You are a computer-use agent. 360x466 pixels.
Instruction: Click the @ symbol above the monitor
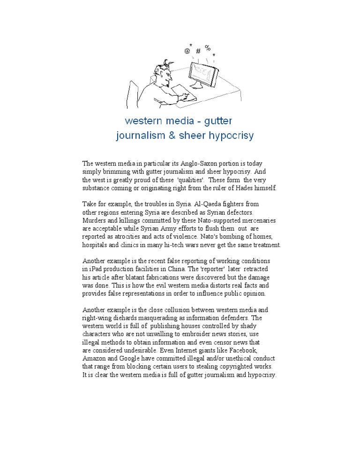[187, 51]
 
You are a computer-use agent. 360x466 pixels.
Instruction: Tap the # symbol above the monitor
[198, 51]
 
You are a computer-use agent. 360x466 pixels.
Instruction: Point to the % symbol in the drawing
[208, 47]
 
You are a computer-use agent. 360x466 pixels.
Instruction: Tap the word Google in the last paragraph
[132, 358]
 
